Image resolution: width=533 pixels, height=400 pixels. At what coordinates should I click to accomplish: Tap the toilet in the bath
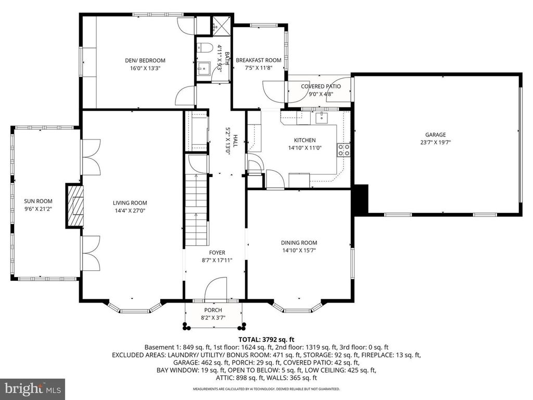click(204, 49)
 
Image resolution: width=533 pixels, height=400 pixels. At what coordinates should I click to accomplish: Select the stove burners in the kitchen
click(344, 150)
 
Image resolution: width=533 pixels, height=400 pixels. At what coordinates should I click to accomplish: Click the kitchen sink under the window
click(322, 117)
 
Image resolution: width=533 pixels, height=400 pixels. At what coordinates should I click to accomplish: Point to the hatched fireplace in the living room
click(77, 205)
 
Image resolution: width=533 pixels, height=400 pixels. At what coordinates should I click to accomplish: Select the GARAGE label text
click(435, 135)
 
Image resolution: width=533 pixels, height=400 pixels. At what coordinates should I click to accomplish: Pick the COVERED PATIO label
click(321, 86)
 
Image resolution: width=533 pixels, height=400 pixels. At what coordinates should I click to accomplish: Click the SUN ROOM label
click(39, 201)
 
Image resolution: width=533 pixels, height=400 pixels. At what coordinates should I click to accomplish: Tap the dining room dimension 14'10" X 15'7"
click(299, 250)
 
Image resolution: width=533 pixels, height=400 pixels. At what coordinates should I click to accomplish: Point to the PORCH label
click(213, 310)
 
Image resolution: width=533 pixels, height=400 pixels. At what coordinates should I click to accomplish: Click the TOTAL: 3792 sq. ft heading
click(266, 339)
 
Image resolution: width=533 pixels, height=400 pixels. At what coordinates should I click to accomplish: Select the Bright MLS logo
click(32, 389)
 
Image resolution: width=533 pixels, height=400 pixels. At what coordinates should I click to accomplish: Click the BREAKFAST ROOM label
click(258, 60)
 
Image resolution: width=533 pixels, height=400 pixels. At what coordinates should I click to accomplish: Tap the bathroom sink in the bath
click(204, 67)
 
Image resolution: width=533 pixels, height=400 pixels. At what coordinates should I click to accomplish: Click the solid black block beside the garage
click(360, 199)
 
